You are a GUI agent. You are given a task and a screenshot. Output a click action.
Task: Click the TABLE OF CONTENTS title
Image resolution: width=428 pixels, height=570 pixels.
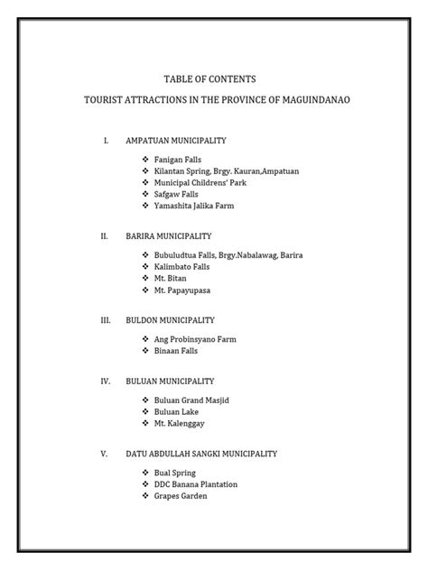[213, 79]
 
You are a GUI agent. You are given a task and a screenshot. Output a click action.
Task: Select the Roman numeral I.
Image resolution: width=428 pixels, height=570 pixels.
[106, 142]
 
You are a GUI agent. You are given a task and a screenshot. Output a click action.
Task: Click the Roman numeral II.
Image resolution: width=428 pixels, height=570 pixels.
[105, 235]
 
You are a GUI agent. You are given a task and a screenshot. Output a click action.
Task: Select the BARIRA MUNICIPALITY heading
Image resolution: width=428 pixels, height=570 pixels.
[174, 235]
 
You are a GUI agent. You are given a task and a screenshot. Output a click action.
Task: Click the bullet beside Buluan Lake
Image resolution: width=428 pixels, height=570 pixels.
[145, 411]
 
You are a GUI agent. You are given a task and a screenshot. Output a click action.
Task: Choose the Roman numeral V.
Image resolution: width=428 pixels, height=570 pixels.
[105, 454]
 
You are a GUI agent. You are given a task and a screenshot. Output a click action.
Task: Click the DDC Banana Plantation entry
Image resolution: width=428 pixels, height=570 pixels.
[196, 484]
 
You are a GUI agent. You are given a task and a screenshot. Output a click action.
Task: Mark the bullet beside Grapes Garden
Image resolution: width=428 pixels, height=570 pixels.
[145, 496]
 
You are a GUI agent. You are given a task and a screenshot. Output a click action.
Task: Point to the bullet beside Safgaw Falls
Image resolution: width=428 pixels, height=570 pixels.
[145, 194]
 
